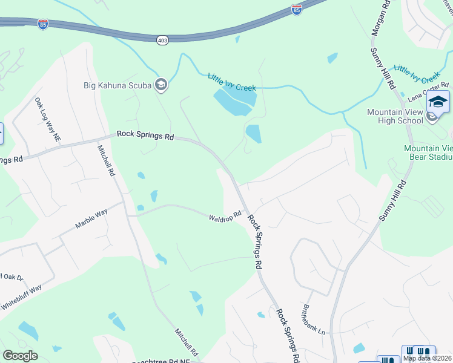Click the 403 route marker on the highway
[162, 40]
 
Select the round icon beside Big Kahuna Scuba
[161, 84]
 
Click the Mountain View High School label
[395, 116]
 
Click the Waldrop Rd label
[225, 216]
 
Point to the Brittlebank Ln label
[314, 319]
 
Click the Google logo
[20, 356]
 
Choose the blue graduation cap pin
[438, 102]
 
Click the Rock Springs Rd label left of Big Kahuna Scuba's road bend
[145, 136]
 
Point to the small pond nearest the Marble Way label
[141, 208]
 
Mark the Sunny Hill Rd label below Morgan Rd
[384, 66]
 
